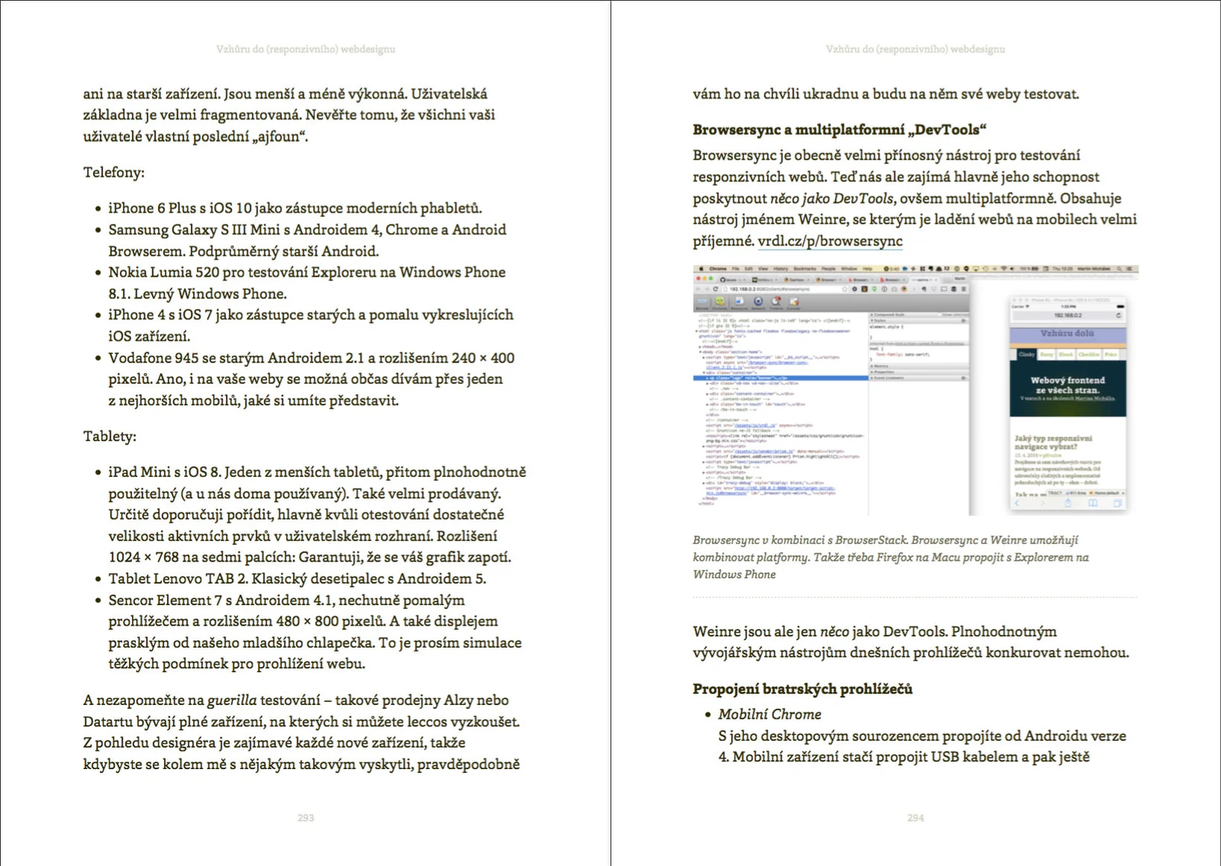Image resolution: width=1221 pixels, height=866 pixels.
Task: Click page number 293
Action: pyautogui.click(x=305, y=817)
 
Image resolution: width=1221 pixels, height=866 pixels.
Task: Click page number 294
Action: pyautogui.click(x=915, y=817)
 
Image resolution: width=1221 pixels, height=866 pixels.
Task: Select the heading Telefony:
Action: pyautogui.click(x=114, y=172)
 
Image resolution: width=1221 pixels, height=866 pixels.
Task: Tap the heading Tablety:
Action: pyautogui.click(x=110, y=436)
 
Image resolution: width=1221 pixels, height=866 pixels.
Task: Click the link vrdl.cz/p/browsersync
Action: pyautogui.click(x=830, y=241)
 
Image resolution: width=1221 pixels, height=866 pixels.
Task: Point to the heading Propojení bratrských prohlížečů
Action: pyautogui.click(x=802, y=689)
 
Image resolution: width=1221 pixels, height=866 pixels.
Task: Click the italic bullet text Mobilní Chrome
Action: pyautogui.click(x=769, y=714)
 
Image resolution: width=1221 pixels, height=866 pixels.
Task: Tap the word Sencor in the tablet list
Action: pyautogui.click(x=131, y=600)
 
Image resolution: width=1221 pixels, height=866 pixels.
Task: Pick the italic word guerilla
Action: pyautogui.click(x=231, y=700)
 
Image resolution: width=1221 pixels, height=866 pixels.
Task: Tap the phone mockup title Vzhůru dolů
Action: pyautogui.click(x=1067, y=333)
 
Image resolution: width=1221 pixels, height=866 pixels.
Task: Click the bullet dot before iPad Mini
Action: pyautogui.click(x=98, y=472)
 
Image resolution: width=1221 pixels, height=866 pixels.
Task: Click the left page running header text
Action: pyautogui.click(x=305, y=49)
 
